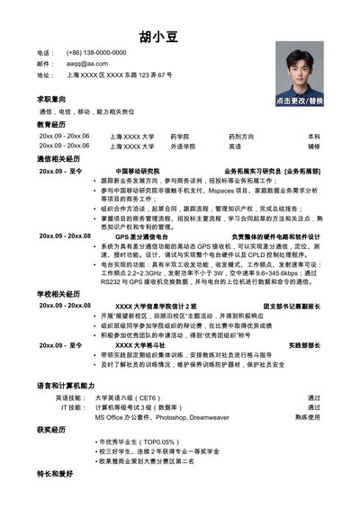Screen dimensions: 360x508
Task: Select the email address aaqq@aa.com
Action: tap(86, 64)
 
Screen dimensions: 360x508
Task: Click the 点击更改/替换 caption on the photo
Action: tap(299, 102)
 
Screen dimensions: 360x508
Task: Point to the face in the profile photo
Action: tap(298, 64)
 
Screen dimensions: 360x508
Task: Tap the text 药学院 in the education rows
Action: tap(181, 136)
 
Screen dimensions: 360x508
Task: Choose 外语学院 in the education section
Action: tap(183, 146)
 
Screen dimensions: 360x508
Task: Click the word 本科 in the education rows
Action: tap(314, 136)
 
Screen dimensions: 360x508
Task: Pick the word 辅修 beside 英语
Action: tap(314, 146)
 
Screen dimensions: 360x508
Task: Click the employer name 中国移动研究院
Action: tap(138, 170)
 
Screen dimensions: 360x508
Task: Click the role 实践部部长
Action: tap(304, 345)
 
